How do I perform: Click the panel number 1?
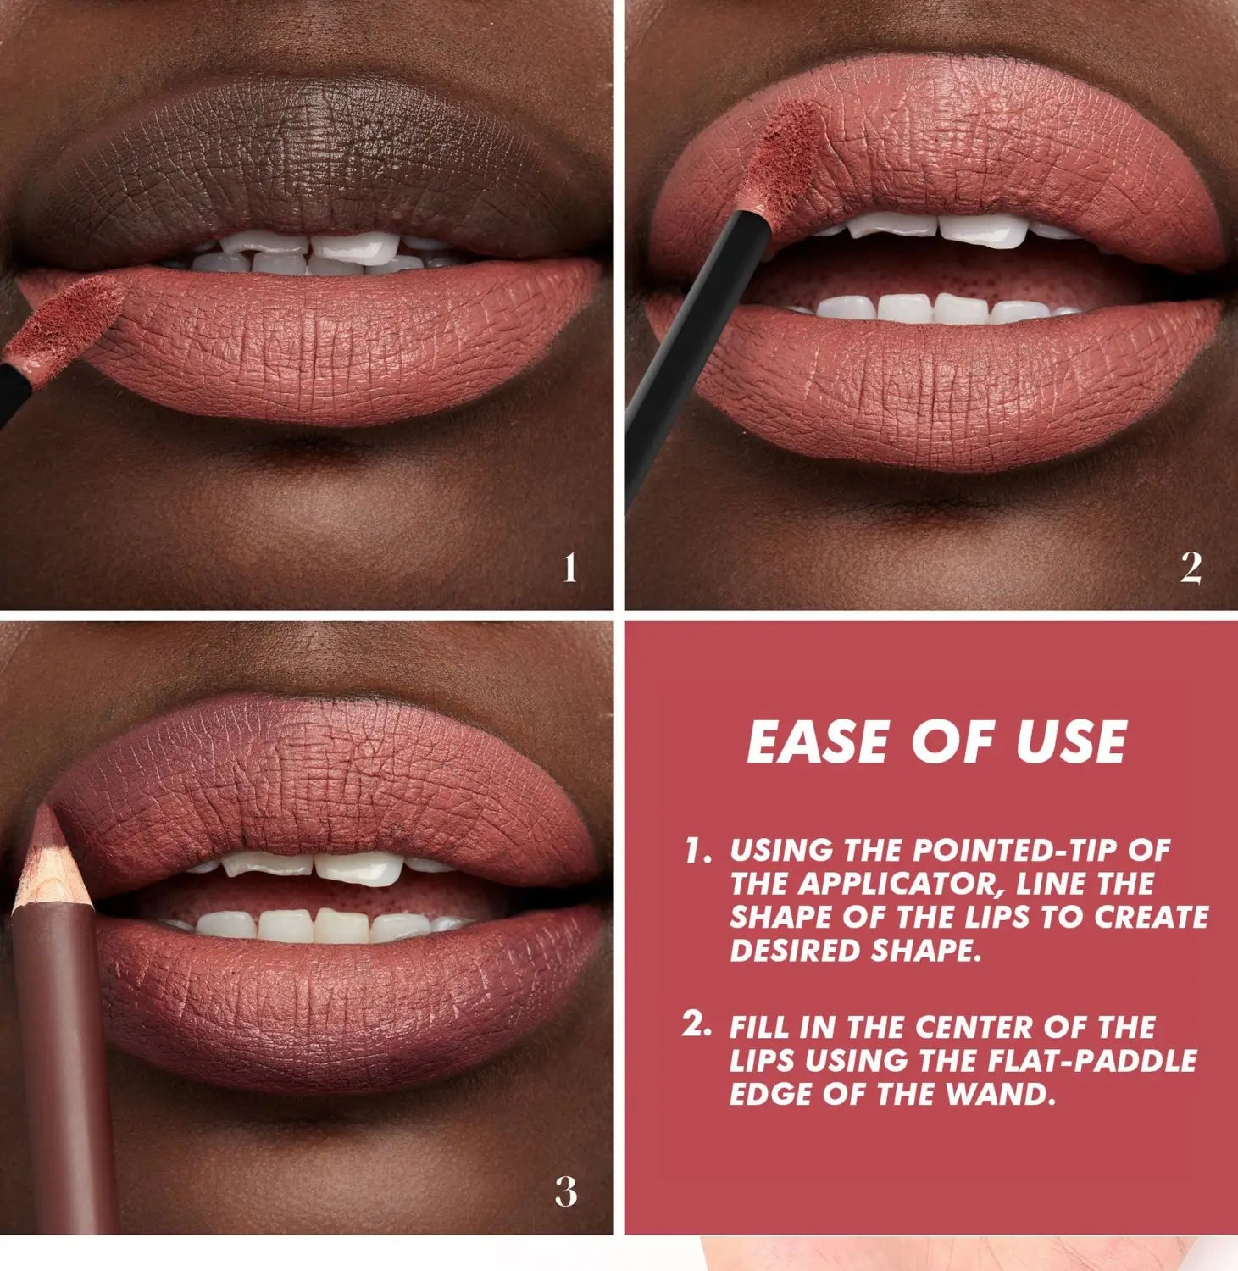click(x=569, y=568)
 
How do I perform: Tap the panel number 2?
click(x=1191, y=568)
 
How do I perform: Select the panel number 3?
click(x=566, y=1191)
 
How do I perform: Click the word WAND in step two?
click(x=1000, y=1095)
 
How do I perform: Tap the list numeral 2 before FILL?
click(x=696, y=1024)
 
